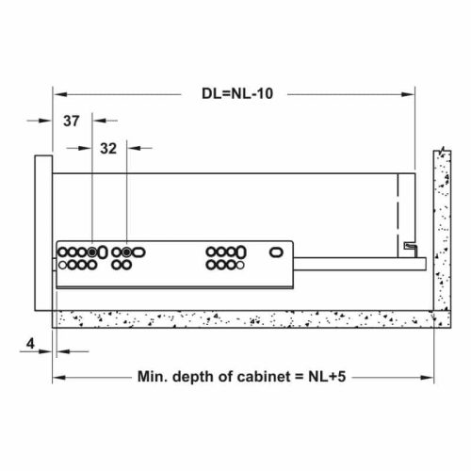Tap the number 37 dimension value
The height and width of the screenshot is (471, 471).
(72, 121)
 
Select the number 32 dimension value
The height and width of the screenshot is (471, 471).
(107, 148)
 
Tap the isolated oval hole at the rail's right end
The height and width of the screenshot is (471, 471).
(277, 252)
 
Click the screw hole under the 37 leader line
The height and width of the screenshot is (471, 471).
(92, 252)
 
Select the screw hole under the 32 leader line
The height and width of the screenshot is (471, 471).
(126, 252)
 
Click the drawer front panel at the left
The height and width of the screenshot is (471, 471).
(41, 231)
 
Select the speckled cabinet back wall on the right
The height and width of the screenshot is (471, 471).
(439, 235)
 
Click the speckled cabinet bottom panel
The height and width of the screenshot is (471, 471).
(245, 319)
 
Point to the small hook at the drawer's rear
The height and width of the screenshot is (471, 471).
(409, 246)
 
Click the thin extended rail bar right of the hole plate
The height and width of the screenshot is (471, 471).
(358, 265)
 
